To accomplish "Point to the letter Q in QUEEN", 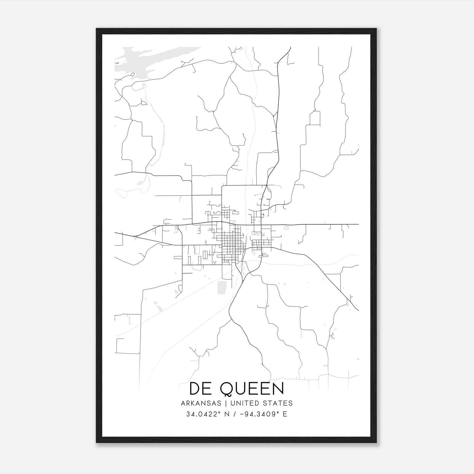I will tap(227, 389).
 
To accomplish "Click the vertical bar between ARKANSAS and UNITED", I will tap(226, 403).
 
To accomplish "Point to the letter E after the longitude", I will tap(285, 414).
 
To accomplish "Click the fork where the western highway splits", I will tap(136, 236).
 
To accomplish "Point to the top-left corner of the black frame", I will tap(97, 29).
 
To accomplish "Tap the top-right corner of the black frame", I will tap(376, 29).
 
